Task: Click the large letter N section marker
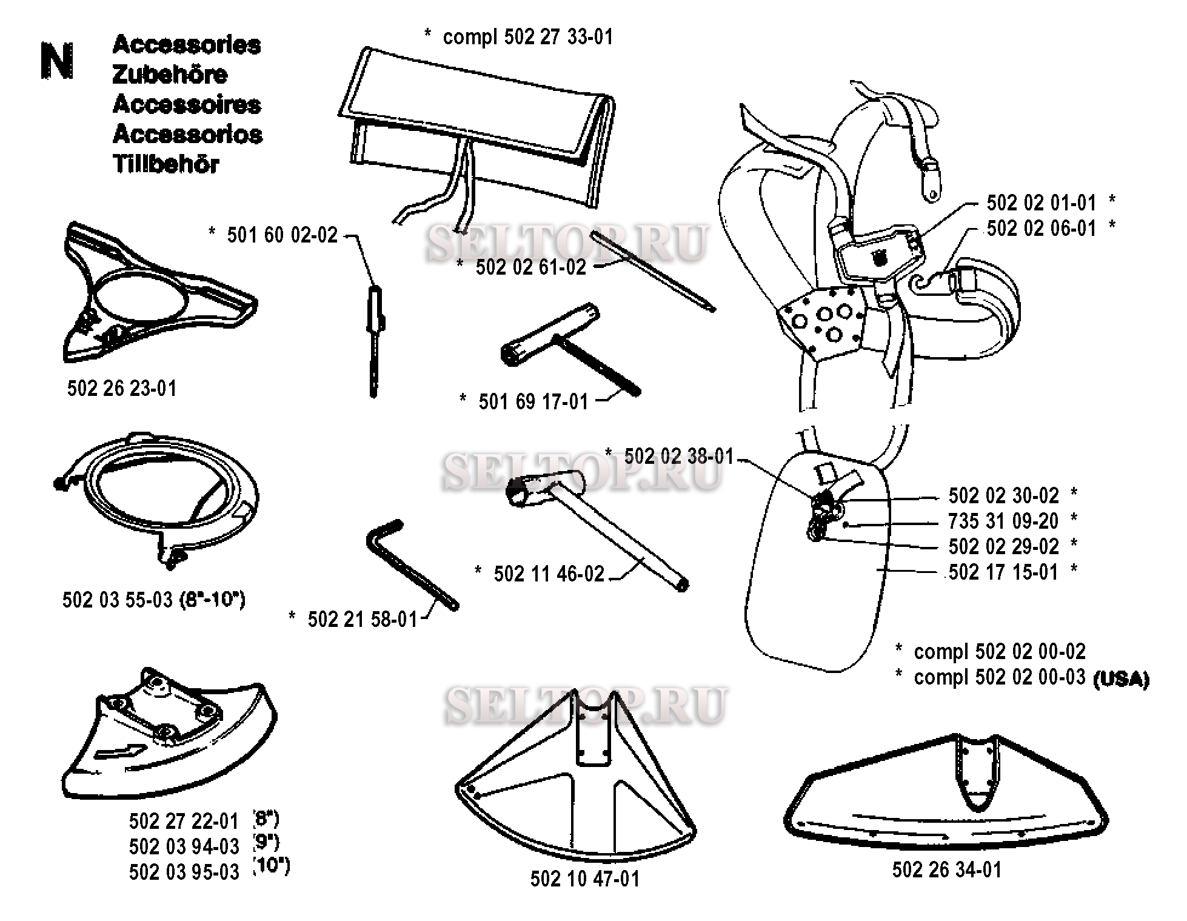click(x=57, y=61)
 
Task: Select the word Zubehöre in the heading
click(x=170, y=75)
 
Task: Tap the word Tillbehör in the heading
click(x=166, y=164)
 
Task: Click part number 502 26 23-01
click(x=122, y=388)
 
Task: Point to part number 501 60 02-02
click(x=283, y=235)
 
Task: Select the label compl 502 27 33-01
click(x=528, y=37)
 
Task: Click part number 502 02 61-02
click(x=531, y=267)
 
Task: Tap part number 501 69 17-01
click(x=533, y=401)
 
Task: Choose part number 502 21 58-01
click(x=363, y=619)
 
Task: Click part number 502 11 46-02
click(x=549, y=574)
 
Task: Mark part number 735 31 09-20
click(x=1003, y=521)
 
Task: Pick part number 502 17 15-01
click(x=1003, y=572)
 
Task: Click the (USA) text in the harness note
click(x=1121, y=679)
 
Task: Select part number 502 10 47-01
click(x=585, y=879)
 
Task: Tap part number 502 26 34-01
click(x=947, y=870)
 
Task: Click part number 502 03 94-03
click(x=184, y=846)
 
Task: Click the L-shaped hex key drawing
click(x=412, y=564)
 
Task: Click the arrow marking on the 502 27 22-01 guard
click(x=121, y=752)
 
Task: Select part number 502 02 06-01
click(x=1042, y=229)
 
